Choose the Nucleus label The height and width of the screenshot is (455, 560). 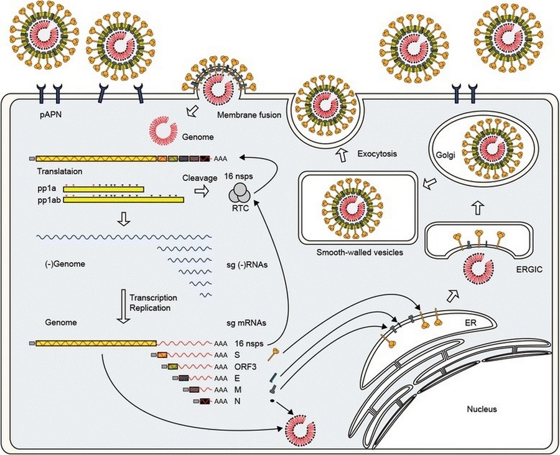[484, 410]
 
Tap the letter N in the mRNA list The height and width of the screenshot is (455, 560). [238, 401]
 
